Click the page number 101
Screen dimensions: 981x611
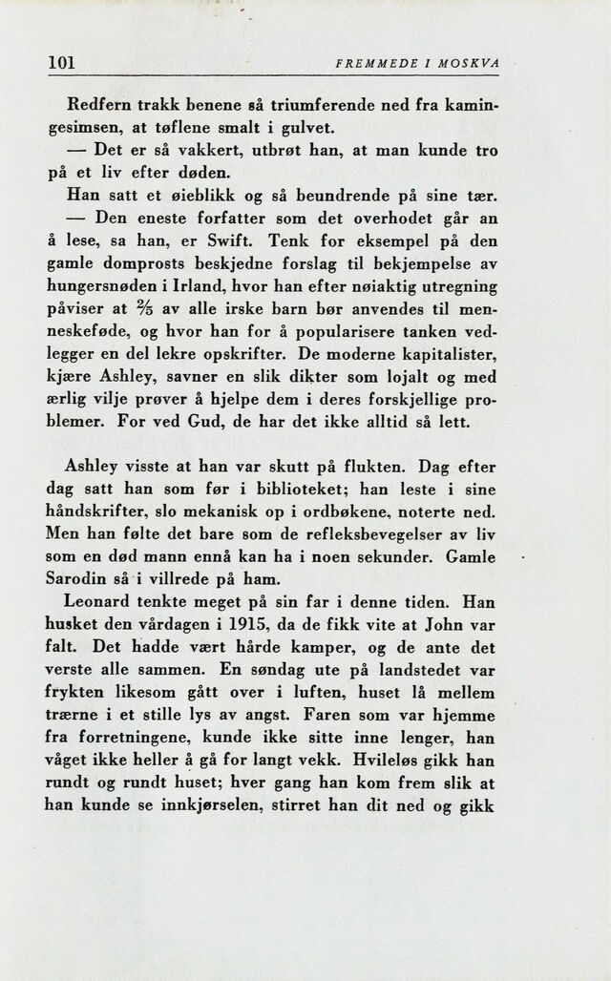[x=62, y=64]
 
